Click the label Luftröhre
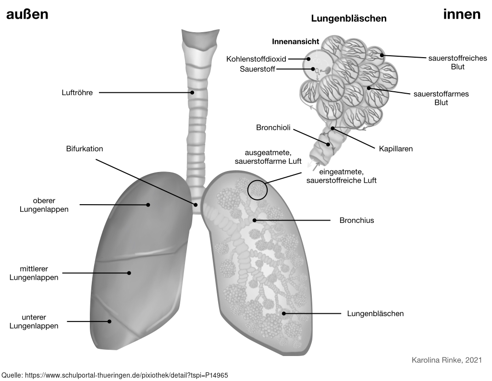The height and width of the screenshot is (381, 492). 77,93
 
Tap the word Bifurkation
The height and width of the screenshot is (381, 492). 85,149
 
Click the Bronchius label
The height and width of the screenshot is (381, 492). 357,221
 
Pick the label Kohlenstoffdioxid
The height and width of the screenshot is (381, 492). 257,59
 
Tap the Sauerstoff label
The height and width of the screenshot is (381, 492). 257,69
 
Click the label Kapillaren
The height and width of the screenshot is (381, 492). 396,149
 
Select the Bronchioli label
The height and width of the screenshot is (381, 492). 273,128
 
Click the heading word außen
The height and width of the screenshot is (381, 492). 27,14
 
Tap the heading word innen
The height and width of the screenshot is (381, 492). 462,14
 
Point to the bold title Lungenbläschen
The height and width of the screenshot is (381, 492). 349,19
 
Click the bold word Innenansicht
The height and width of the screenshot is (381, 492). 295,42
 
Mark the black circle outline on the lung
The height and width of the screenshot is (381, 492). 257,190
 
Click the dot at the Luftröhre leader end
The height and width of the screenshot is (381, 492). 192,93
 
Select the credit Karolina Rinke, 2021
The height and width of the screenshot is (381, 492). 447,360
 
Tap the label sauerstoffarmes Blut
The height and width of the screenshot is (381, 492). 441,98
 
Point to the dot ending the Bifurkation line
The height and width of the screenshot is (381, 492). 196,205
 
